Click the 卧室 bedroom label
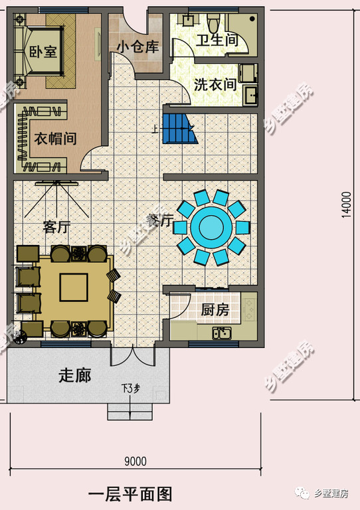coord(43,52)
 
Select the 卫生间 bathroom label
coord(217,41)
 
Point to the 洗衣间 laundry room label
coord(215,85)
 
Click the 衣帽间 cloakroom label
coord(55,139)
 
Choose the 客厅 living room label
coord(57,227)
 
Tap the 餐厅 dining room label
coord(159,220)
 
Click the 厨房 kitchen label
coord(215,309)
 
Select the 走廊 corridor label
coord(74,375)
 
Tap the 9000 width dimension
coord(135,461)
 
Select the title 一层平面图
coord(130,494)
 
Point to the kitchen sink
coord(222,333)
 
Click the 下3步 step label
coord(130,388)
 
